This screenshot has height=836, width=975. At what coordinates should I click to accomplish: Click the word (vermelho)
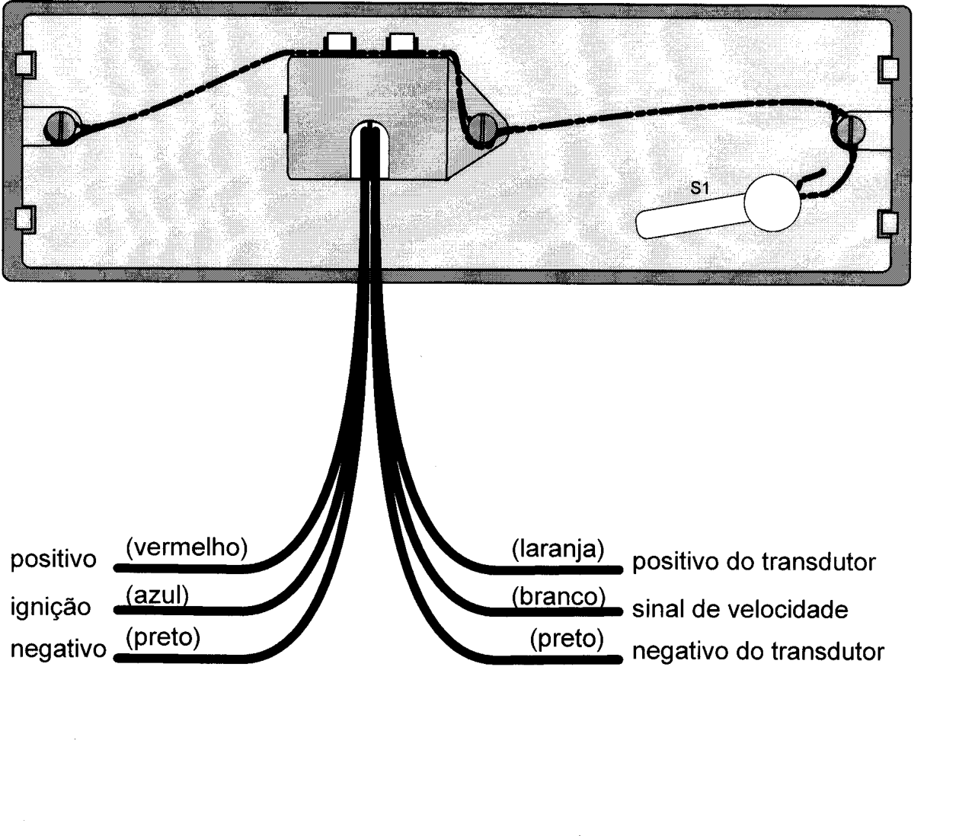tap(187, 547)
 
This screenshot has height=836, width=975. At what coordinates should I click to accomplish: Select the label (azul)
tap(157, 595)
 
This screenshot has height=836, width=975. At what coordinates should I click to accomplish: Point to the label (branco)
tap(558, 596)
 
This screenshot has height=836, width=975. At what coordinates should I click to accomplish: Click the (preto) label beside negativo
tap(163, 637)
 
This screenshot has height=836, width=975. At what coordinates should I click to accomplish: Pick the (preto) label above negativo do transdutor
tap(567, 639)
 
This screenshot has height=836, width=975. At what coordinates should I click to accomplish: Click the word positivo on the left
tap(53, 560)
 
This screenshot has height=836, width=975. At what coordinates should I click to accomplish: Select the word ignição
tap(50, 608)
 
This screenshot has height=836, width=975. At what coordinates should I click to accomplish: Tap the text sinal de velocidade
tap(740, 610)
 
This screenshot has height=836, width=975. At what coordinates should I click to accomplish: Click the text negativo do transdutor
tap(758, 652)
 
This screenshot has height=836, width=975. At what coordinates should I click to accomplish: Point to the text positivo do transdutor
tap(754, 562)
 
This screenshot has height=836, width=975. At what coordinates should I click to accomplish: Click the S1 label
tap(699, 188)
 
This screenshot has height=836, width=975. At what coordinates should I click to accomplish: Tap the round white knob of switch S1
tap(772, 203)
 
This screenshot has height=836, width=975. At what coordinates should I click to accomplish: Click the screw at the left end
tap(62, 127)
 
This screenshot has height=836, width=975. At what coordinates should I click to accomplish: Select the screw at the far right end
tap(849, 129)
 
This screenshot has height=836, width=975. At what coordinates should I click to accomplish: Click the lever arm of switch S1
tap(691, 217)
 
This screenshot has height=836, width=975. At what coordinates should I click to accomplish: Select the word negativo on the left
tap(59, 649)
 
